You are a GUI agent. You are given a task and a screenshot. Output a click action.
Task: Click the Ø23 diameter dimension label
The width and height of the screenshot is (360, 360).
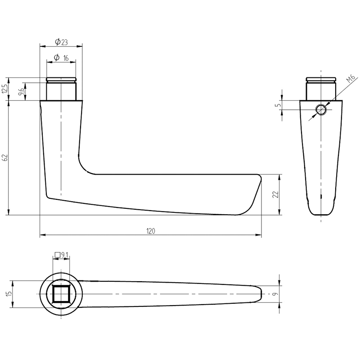coord(61,42)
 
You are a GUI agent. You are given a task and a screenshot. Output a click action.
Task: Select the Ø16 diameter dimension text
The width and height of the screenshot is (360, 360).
coord(61,58)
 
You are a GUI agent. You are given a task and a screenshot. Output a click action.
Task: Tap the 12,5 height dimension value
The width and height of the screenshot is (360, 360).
coord(5,89)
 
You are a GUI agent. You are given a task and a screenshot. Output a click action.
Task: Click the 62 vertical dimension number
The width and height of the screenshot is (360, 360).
coord(5,157)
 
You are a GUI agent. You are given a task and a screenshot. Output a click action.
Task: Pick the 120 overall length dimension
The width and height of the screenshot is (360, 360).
coord(151,231)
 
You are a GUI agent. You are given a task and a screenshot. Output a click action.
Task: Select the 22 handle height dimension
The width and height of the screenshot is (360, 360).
coord(276,194)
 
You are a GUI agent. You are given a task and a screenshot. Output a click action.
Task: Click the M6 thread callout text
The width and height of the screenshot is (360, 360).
coord(352,78)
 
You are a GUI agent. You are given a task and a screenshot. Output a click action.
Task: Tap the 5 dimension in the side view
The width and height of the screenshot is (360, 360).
coord(279,105)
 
